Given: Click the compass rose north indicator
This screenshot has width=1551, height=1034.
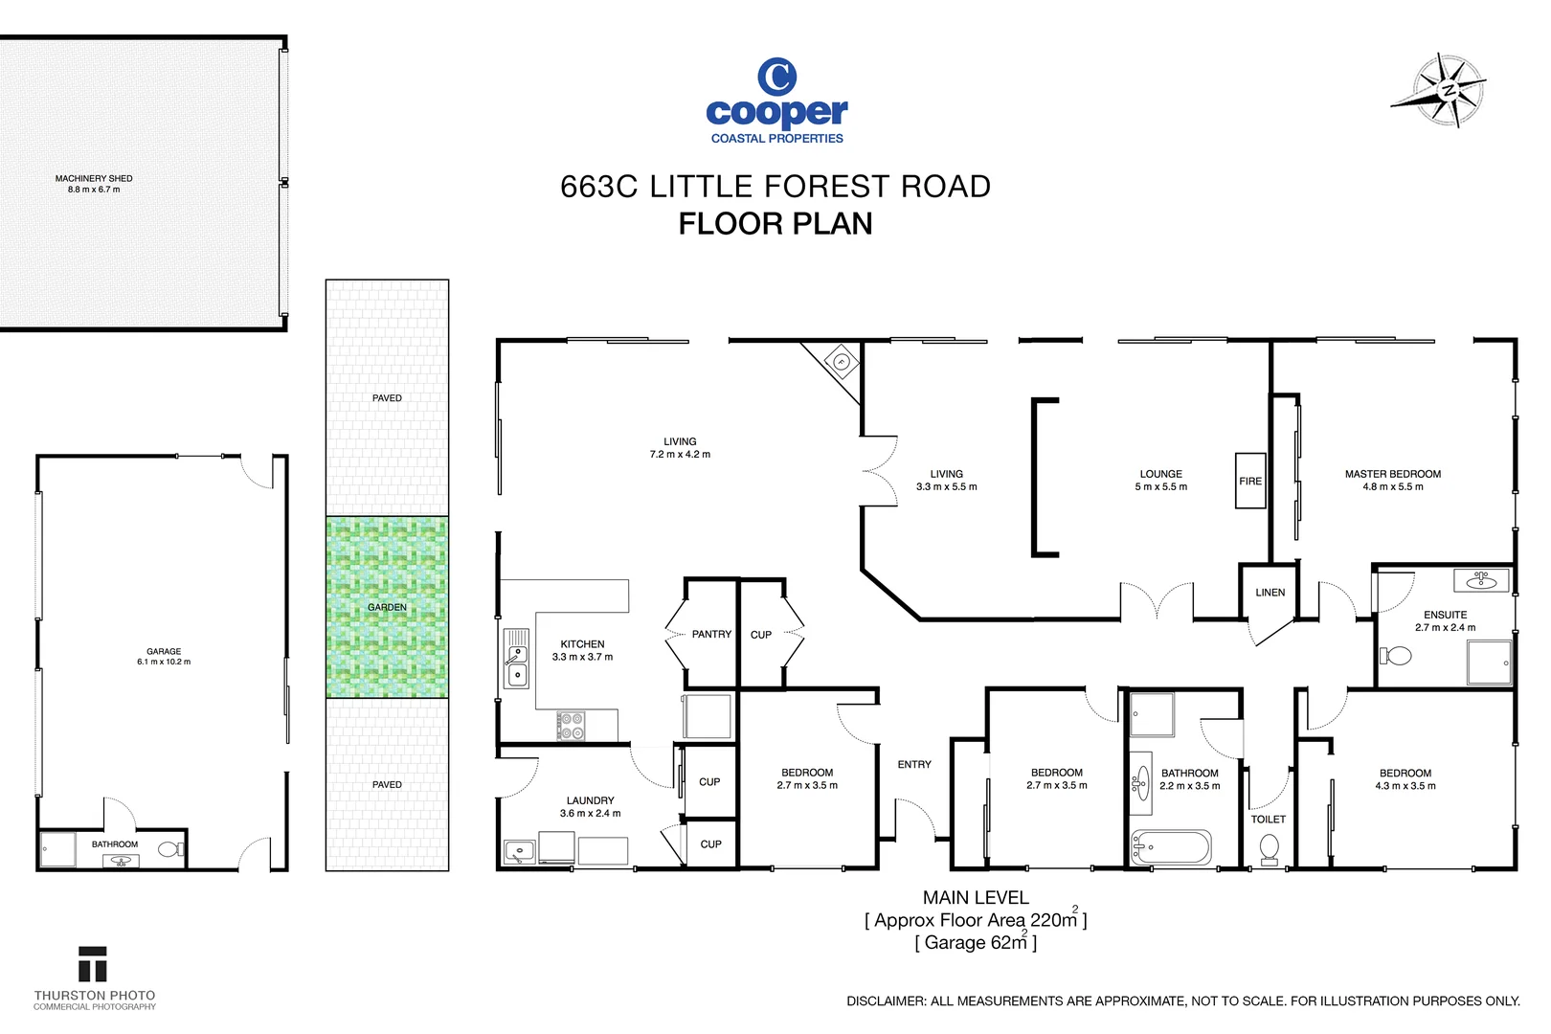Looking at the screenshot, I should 1449,91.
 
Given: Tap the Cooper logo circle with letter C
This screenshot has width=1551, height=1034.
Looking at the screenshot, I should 776,77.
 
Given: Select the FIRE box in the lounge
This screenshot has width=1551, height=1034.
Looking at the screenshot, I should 1250,481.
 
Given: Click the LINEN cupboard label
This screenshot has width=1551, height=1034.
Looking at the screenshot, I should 1270,593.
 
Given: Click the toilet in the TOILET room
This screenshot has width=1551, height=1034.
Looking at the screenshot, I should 1269,848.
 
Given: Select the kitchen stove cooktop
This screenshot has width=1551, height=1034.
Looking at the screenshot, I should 572,726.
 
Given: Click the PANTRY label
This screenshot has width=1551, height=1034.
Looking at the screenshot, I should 711,634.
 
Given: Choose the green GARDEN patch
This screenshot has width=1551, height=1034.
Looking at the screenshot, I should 387,607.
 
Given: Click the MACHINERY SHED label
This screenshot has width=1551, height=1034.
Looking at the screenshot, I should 94,178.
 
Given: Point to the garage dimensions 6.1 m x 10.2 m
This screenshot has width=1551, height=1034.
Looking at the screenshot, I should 164,662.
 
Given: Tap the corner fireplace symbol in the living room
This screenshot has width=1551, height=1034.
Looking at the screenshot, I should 841,362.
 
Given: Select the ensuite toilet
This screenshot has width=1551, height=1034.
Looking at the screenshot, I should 1397,656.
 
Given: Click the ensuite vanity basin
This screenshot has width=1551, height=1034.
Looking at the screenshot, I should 1480,579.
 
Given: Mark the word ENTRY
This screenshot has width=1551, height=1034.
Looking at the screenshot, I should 914,764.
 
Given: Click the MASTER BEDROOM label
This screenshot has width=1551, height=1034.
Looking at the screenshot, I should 1392,474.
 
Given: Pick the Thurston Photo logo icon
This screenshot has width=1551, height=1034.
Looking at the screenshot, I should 93,965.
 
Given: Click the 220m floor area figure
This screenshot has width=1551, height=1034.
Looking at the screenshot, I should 1053,920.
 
